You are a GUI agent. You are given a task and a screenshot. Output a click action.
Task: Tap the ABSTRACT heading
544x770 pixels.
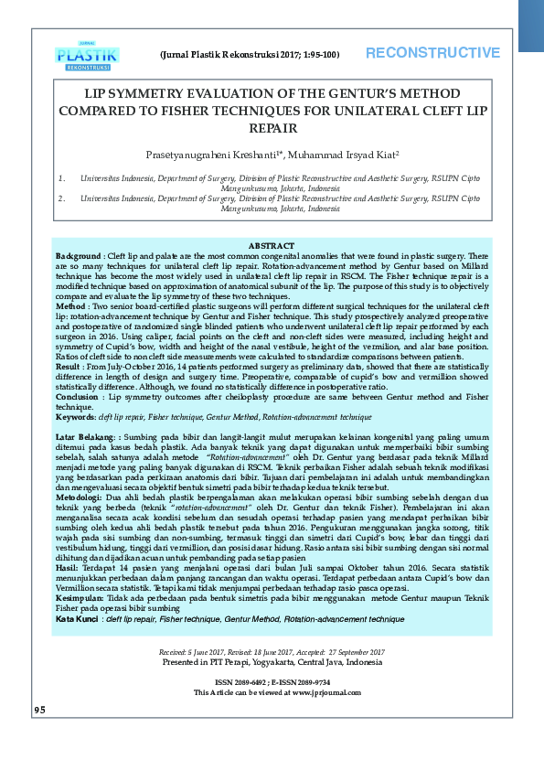[x=272, y=246]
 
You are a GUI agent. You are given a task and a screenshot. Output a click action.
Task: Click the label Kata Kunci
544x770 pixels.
[x=76, y=619]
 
